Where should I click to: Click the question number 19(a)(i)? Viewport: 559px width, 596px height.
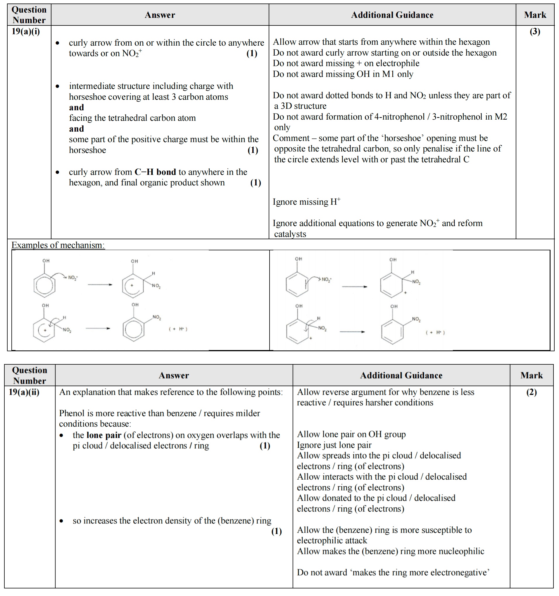(26, 31)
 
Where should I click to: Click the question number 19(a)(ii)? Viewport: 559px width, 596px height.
(24, 392)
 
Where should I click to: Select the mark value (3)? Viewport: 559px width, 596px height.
(535, 32)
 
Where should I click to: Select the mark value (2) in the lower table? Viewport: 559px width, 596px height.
(532, 392)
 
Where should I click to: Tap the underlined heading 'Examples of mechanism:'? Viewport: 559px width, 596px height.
(58, 245)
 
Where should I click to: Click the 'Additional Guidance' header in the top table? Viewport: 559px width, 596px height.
(392, 15)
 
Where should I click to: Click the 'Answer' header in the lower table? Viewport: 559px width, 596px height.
(174, 375)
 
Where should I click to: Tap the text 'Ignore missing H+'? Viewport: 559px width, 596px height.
(306, 202)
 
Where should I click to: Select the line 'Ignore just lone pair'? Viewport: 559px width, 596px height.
(334, 445)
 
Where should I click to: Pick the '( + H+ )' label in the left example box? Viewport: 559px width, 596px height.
(178, 329)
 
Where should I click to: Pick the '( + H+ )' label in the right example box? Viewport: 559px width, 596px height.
(435, 333)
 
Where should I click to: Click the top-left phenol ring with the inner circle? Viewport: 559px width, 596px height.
(44, 285)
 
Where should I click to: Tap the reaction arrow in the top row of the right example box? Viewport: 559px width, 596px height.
(354, 287)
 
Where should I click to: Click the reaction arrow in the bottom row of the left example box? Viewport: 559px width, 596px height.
(98, 329)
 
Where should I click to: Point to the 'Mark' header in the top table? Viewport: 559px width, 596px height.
(535, 15)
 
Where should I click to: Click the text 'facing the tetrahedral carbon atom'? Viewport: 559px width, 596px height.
(132, 118)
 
